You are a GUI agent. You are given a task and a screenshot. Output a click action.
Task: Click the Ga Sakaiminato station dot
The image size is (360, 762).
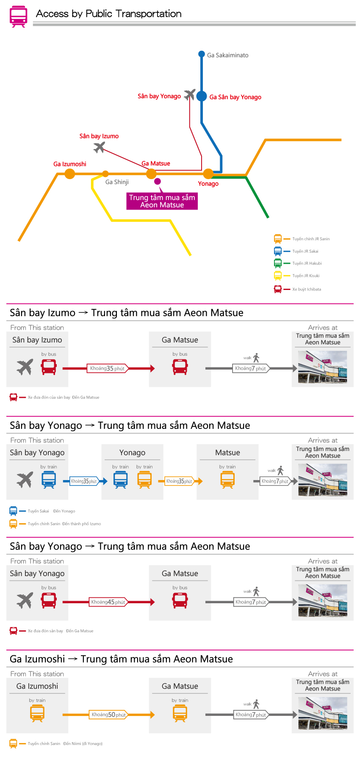click(x=202, y=54)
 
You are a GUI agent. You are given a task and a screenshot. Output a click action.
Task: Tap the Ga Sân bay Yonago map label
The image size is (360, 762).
click(x=235, y=97)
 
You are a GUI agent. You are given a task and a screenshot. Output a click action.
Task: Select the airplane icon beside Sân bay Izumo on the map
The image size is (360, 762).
click(x=99, y=147)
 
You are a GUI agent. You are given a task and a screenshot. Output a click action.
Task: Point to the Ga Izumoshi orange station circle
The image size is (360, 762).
click(x=70, y=174)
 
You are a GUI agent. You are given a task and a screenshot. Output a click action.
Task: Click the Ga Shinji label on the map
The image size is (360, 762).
click(x=117, y=182)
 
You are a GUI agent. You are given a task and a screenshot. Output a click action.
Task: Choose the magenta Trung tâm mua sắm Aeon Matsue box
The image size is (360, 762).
click(x=162, y=201)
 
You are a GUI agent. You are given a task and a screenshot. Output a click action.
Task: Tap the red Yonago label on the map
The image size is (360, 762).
click(x=208, y=184)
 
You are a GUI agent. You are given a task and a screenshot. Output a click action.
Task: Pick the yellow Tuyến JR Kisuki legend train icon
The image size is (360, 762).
click(x=278, y=276)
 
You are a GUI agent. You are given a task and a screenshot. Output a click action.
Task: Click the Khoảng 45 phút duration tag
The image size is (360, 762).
click(x=108, y=602)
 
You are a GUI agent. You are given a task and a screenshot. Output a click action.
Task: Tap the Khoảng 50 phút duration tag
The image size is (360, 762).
click(x=108, y=715)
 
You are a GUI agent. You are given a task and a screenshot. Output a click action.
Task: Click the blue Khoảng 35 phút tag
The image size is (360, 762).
click(x=84, y=481)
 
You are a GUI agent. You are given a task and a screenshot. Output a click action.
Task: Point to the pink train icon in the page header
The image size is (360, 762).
click(x=19, y=17)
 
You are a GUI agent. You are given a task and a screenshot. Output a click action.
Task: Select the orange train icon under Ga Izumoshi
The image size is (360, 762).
click(x=37, y=713)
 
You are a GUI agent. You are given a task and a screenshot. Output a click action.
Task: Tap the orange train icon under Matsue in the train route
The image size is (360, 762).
click(x=227, y=480)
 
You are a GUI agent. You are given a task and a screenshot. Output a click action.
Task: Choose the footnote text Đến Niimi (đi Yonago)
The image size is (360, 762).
click(x=83, y=743)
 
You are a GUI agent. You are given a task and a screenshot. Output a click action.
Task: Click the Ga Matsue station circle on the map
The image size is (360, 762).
click(x=151, y=174)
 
